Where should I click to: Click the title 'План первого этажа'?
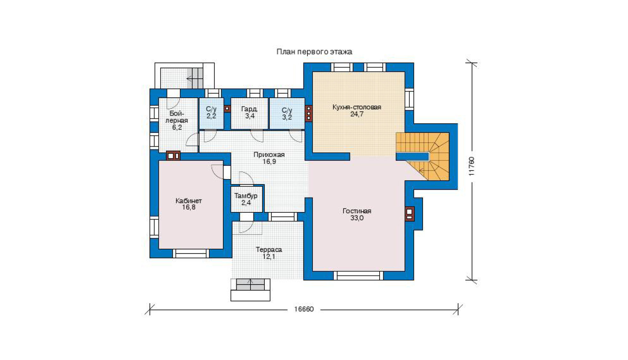point(314,52)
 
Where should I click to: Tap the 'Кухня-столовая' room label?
point(357,107)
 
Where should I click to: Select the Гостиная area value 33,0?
point(357,218)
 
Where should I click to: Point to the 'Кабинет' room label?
point(188,201)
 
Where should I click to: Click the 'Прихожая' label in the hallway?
point(269,155)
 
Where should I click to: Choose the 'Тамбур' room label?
point(246,196)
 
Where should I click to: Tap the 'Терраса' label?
point(269,250)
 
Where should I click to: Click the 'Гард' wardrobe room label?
point(249,109)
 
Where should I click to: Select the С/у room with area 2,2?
point(211,113)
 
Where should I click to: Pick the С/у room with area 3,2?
point(287,113)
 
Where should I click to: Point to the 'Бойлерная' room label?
point(177,117)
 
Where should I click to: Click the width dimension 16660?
point(304,309)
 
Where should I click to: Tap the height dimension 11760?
point(472,166)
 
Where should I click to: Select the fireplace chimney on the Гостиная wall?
point(409,214)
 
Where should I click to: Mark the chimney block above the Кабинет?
point(173,155)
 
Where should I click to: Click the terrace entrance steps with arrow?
point(250,284)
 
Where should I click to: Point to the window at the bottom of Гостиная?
point(358,275)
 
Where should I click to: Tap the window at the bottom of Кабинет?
point(191,254)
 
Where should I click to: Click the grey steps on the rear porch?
point(195,78)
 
